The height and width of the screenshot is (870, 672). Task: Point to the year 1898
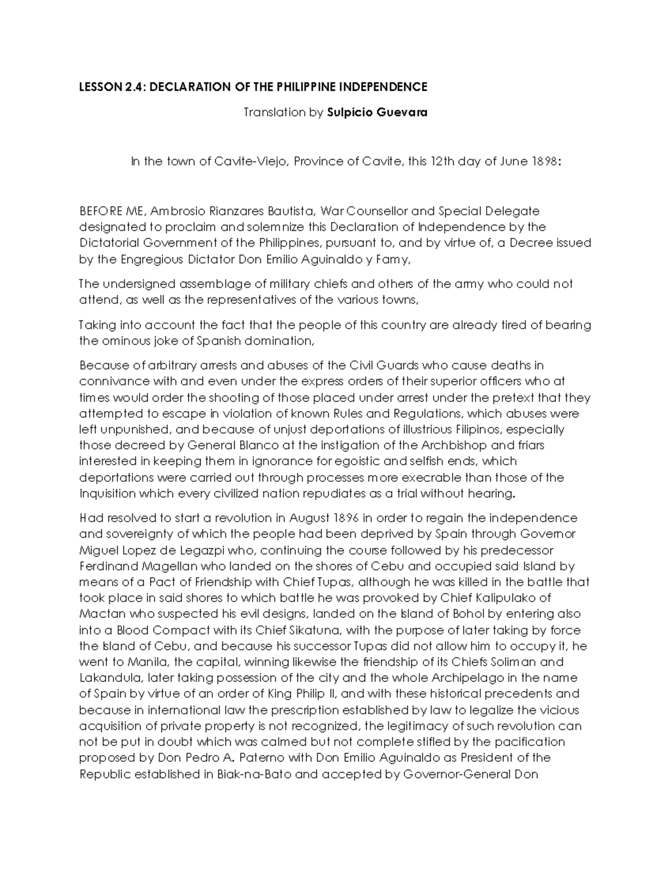tap(543, 162)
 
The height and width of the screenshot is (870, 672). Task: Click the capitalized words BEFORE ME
tap(112, 211)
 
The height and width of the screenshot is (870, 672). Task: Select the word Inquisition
tap(108, 494)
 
